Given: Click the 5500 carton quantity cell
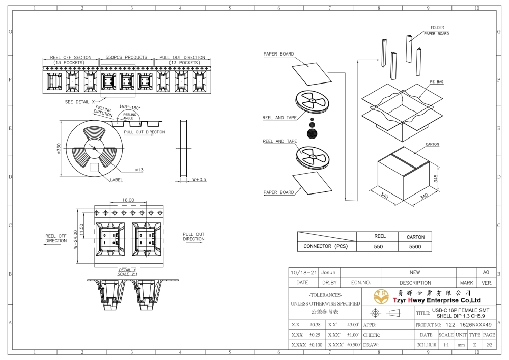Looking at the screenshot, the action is pyautogui.click(x=415, y=247).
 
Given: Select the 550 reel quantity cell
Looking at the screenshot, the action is pyautogui.click(x=378, y=247).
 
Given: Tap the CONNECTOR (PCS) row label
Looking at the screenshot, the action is pyautogui.click(x=325, y=246).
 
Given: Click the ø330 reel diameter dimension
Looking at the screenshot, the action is pyautogui.click(x=59, y=149).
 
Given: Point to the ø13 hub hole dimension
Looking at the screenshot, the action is pyautogui.click(x=139, y=170).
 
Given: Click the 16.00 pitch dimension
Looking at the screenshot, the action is pyautogui.click(x=128, y=200).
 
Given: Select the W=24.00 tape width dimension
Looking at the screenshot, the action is pyautogui.click(x=75, y=239).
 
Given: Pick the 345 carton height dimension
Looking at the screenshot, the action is pyautogui.click(x=436, y=178).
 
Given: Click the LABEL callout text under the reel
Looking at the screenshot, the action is pyautogui.click(x=116, y=180).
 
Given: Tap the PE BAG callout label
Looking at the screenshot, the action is pyautogui.click(x=437, y=82).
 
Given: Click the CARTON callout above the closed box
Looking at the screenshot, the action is pyautogui.click(x=432, y=144).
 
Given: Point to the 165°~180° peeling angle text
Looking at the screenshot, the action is pyautogui.click(x=130, y=107).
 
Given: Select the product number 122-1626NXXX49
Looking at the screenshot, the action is pyautogui.click(x=468, y=325).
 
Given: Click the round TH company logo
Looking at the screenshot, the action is pyautogui.click(x=381, y=296).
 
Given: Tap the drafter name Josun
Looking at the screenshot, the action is pyautogui.click(x=328, y=273).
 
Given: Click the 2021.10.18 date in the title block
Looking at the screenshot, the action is pyautogui.click(x=426, y=345).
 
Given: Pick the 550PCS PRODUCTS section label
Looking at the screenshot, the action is pyautogui.click(x=126, y=57).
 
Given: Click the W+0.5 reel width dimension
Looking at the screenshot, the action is pyautogui.click(x=199, y=180).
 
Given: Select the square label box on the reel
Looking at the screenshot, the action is pyautogui.click(x=94, y=167).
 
